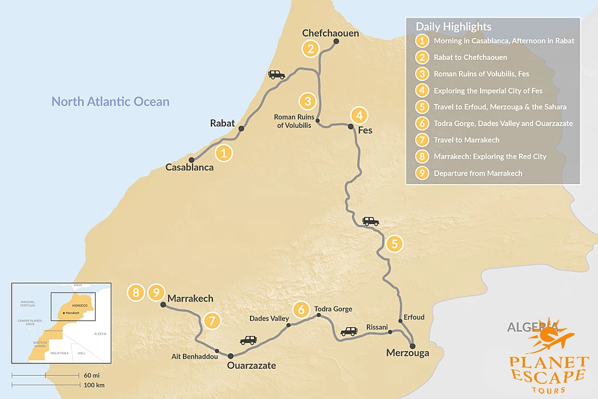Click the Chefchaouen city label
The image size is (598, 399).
coord(330,33)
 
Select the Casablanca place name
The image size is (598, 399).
coord(189,167)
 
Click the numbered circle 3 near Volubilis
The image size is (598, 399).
coord(307,101)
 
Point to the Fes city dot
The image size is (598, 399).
coord(350,126)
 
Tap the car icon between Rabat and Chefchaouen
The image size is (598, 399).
coord(276,75)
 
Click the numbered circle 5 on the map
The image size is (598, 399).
coord(394,244)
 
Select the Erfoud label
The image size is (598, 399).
coord(414,317)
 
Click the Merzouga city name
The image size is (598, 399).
coord(408,353)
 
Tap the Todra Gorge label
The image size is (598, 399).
coord(333,309)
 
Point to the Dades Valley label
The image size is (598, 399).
coord(269,318)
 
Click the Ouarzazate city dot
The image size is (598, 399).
coord(230,356)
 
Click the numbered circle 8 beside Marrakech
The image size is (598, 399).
coord(136,292)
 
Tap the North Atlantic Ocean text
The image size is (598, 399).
coord(110,102)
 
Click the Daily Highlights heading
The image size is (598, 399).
coord(453,27)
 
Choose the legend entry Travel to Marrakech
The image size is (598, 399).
coord(466,140)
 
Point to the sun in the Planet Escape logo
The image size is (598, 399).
coord(548,335)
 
